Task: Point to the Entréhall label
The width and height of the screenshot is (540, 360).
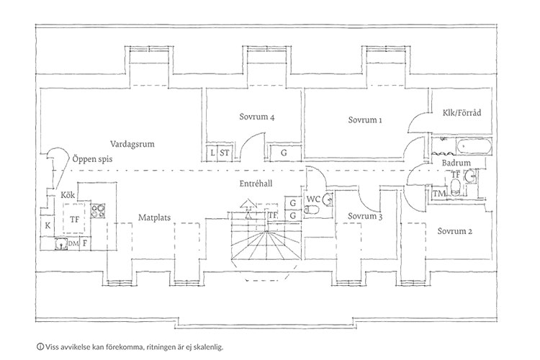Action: coord(256,184)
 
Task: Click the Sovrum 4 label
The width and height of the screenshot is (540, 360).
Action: coord(256,117)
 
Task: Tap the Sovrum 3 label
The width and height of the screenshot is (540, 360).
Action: coord(363,216)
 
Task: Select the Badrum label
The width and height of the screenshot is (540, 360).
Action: coord(456,163)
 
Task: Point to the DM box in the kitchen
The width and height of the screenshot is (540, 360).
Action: coord(73,243)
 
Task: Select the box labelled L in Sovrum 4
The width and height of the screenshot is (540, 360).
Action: coord(213,153)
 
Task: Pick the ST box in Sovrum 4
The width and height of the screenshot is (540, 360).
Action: coord(225,153)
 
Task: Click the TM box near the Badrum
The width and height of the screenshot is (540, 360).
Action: coord(437,194)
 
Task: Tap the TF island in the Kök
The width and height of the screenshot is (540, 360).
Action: coord(73,219)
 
